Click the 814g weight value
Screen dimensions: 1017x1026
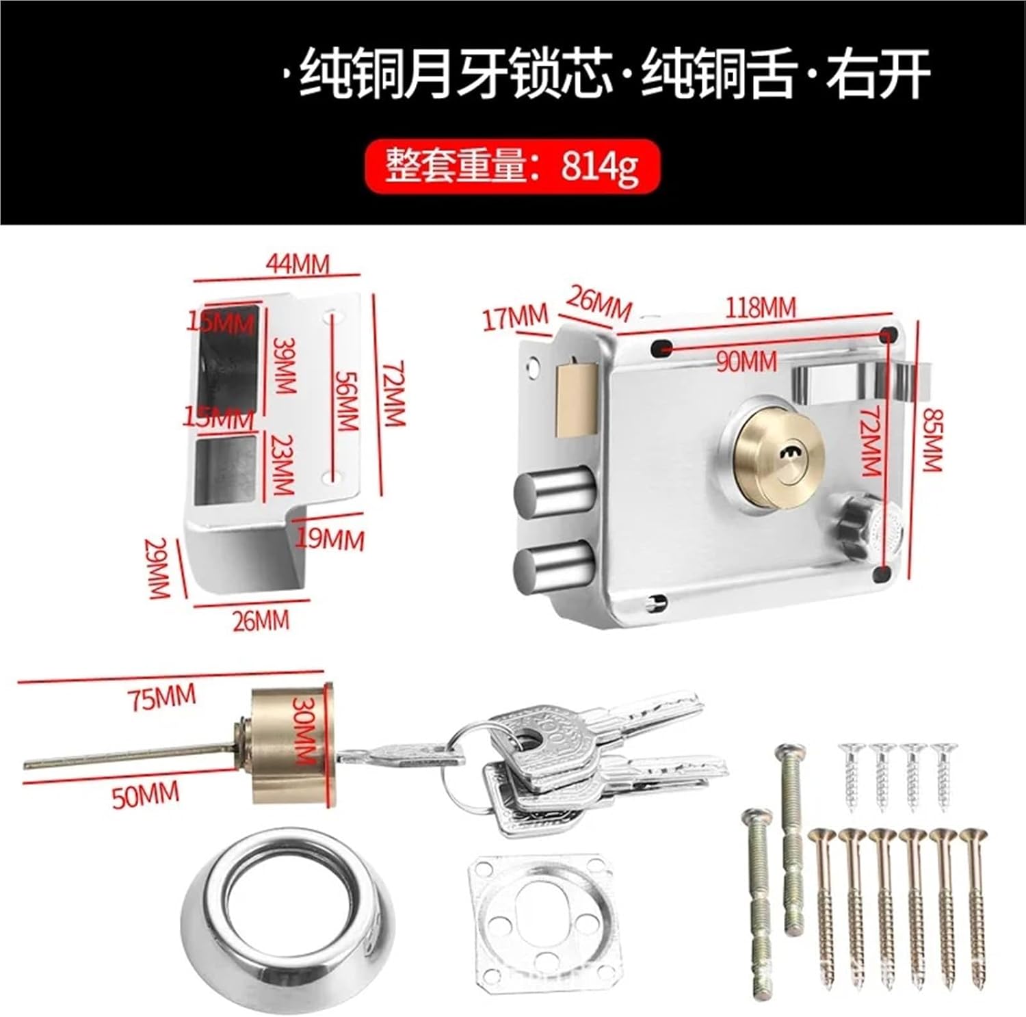tap(600, 167)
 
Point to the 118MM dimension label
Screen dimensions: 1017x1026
tap(760, 308)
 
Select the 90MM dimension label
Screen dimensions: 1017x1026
tap(746, 360)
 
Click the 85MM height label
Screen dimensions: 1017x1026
tap(932, 439)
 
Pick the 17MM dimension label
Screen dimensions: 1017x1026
tap(516, 317)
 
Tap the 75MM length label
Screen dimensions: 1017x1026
tap(161, 698)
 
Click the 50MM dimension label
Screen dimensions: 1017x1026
tap(145, 795)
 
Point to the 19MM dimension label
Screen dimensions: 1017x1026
tap(330, 540)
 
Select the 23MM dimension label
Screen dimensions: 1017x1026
tap(282, 465)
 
